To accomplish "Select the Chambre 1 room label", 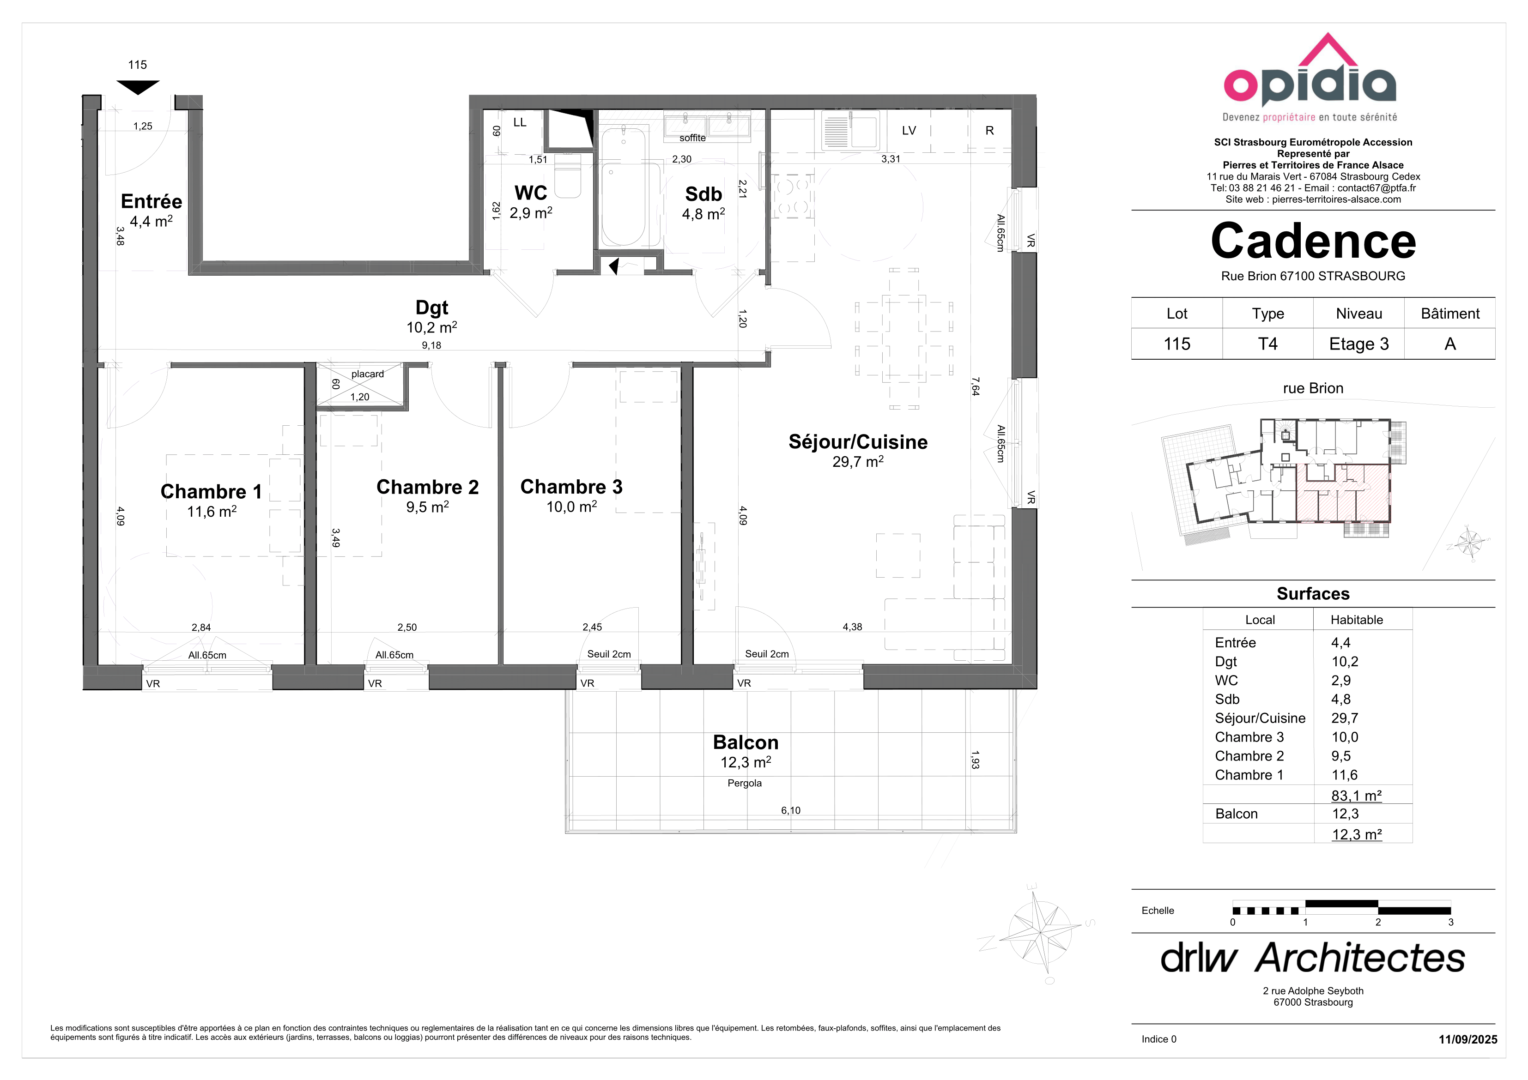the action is pos(211,492).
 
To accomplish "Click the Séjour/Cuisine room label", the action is pos(858,442).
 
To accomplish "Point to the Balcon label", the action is pos(746,742).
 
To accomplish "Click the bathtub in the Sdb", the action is pos(624,187).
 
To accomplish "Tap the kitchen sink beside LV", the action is pos(850,130).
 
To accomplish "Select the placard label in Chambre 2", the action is pos(367,374).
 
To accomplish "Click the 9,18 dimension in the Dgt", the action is pos(431,345).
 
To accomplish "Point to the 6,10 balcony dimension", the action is pos(791,810).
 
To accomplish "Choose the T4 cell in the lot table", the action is pos(1268,344).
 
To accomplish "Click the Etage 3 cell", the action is pos(1359,344).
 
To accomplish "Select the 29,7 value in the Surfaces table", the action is pos(1344,718).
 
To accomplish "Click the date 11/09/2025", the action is pos(1468,1039).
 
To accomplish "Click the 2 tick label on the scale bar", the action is pos(1378,922).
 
